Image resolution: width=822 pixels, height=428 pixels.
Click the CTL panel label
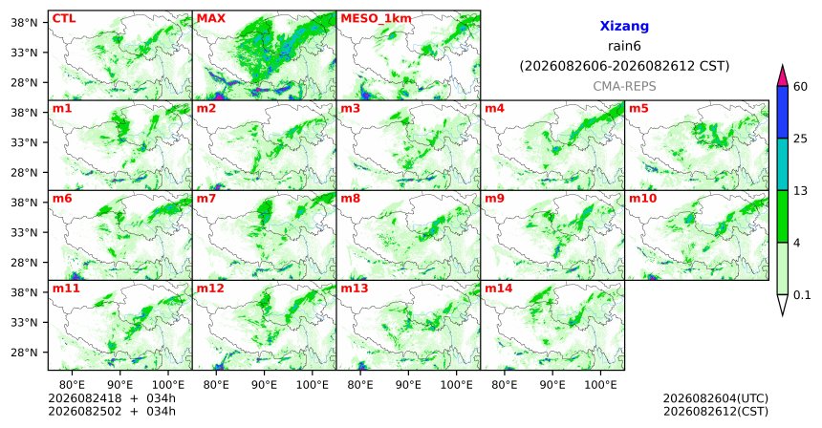tap(64, 18)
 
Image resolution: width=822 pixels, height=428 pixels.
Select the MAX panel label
tap(210, 18)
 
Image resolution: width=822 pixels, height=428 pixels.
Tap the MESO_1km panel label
tap(376, 19)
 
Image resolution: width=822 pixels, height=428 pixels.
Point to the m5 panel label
tap(638, 109)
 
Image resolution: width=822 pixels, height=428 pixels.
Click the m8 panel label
tap(350, 199)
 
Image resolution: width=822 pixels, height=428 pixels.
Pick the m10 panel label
tap(642, 199)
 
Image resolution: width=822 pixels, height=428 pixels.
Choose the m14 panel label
tap(498, 289)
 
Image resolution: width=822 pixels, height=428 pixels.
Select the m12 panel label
tap(209, 289)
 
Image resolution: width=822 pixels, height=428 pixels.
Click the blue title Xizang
tap(624, 26)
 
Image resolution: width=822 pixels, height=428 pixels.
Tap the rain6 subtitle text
tap(624, 46)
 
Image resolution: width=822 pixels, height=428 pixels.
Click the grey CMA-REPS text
tap(624, 86)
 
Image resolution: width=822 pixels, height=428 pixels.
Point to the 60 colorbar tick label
tap(800, 86)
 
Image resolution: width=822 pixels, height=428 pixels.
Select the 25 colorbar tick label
tap(800, 139)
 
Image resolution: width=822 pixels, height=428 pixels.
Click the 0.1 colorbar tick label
tap(802, 295)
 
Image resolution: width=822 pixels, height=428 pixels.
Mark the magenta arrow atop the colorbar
tap(783, 75)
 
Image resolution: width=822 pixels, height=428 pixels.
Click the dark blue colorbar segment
tap(783, 112)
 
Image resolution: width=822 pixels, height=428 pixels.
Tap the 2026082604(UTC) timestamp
tap(716, 399)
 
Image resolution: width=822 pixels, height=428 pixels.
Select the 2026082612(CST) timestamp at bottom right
tap(716, 411)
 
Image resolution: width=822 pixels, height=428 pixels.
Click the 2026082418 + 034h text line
tap(112, 398)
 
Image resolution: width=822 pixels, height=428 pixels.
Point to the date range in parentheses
tap(624, 67)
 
